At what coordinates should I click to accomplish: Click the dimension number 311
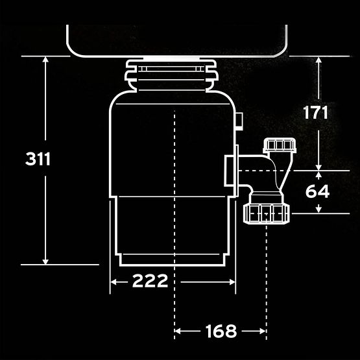(38, 159)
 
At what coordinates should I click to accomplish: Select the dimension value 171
(315, 112)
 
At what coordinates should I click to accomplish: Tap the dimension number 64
(318, 191)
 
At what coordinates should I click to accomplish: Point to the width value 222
(150, 281)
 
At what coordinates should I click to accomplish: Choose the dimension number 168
(221, 331)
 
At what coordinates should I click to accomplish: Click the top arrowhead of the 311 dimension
(45, 59)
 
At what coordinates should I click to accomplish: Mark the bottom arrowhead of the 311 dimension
(45, 262)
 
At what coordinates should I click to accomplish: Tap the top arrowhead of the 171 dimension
(318, 60)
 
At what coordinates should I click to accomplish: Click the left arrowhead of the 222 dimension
(113, 282)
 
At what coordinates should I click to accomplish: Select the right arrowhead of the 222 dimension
(233, 282)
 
